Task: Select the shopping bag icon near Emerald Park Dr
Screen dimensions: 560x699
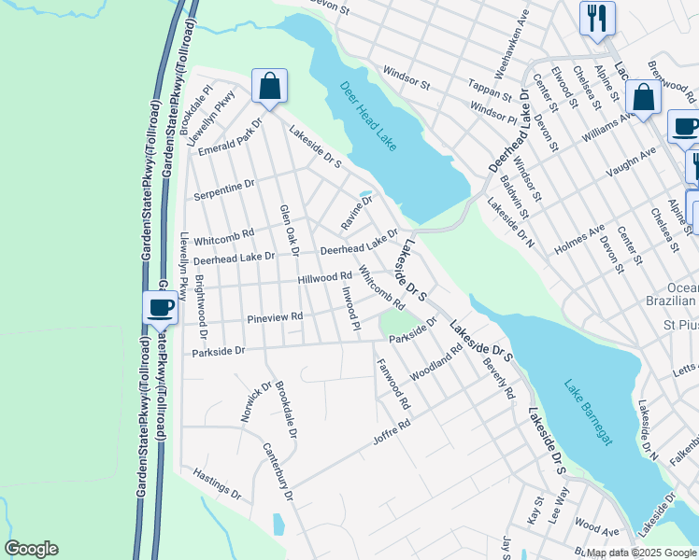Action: (x=269, y=88)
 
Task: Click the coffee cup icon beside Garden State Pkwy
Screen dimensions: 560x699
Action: (x=161, y=307)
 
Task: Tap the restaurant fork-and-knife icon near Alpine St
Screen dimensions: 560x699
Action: (x=596, y=18)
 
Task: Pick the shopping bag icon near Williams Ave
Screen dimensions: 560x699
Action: (x=644, y=97)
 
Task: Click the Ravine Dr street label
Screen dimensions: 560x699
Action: (x=357, y=213)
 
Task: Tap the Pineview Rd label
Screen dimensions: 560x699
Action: (x=275, y=318)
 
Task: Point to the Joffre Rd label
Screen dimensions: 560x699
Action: (x=393, y=438)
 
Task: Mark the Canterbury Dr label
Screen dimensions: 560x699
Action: (x=278, y=472)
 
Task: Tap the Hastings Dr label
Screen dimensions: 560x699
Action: (x=217, y=482)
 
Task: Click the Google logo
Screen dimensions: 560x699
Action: (x=32, y=549)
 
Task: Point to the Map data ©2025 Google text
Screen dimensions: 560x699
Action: (x=641, y=552)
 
